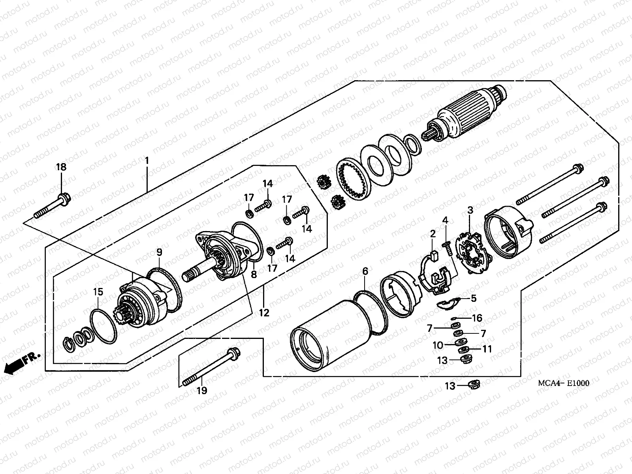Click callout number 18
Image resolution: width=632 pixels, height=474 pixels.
click(x=61, y=167)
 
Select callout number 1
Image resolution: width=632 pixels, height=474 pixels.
click(x=147, y=161)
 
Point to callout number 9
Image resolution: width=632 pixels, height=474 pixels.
click(x=159, y=252)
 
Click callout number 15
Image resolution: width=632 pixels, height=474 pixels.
click(x=98, y=292)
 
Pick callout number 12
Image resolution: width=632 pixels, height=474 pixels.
click(x=264, y=313)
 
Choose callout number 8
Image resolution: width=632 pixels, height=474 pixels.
click(x=254, y=274)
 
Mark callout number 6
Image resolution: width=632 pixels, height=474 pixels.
click(x=365, y=271)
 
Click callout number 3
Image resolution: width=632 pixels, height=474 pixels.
click(x=470, y=210)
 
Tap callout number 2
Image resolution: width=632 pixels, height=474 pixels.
click(x=433, y=234)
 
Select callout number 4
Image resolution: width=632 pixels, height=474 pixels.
click(x=445, y=220)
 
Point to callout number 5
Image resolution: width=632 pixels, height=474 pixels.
click(x=474, y=299)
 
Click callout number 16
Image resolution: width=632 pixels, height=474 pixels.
click(x=477, y=318)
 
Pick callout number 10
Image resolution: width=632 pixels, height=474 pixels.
click(x=438, y=345)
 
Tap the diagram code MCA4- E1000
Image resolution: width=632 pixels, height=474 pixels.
click(x=563, y=383)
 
